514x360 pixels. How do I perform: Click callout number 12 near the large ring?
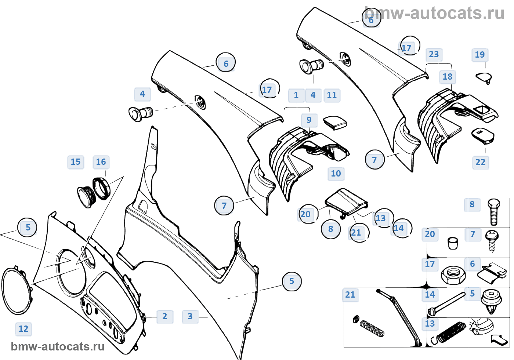[x=23, y=329]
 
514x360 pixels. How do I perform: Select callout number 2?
[x=164, y=316]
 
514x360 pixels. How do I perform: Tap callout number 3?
[x=190, y=316]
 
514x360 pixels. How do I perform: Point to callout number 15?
[x=76, y=162]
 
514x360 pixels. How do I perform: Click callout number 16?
[x=101, y=162]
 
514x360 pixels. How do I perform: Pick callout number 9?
[x=309, y=120]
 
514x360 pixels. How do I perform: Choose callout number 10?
[x=336, y=174]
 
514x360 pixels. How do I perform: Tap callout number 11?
[x=332, y=95]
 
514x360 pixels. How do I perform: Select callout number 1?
[x=296, y=95]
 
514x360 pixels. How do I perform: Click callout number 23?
[x=434, y=55]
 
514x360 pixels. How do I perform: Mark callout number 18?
[x=448, y=77]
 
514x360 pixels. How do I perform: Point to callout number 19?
[x=480, y=55]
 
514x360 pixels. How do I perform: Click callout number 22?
[x=481, y=162]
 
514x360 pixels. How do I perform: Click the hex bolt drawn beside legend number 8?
[x=493, y=212]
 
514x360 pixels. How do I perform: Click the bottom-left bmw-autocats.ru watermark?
[x=58, y=347]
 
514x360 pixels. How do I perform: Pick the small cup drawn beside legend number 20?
[x=453, y=243]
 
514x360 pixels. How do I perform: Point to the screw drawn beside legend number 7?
[x=492, y=241]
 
